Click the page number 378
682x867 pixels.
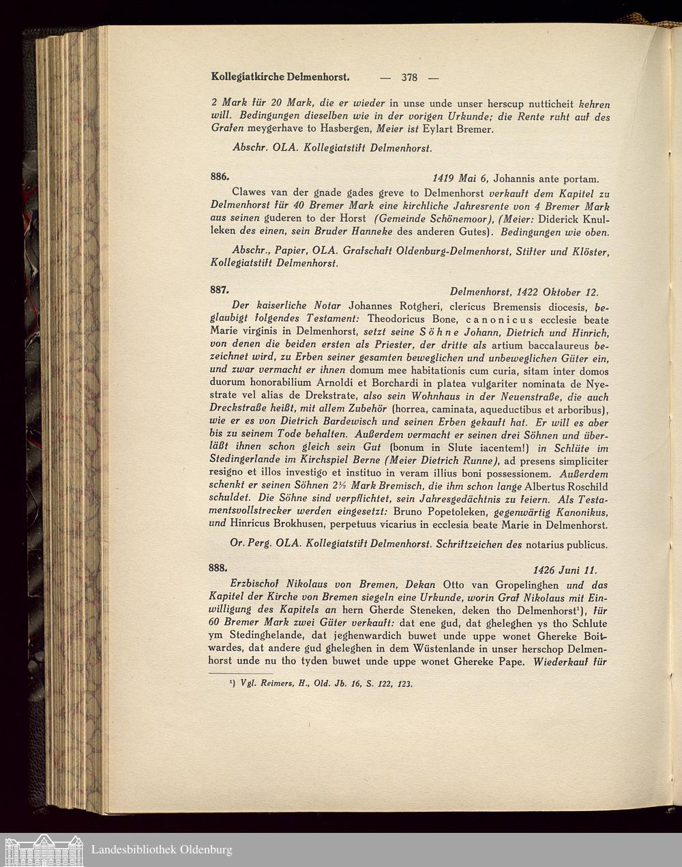tap(409, 77)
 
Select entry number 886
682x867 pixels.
tap(219, 176)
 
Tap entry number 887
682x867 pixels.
tap(219, 289)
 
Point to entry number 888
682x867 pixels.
tap(219, 568)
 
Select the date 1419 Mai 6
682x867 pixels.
tap(460, 179)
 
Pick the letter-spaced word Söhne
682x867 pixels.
tap(428, 332)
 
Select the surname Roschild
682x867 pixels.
tap(584, 486)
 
